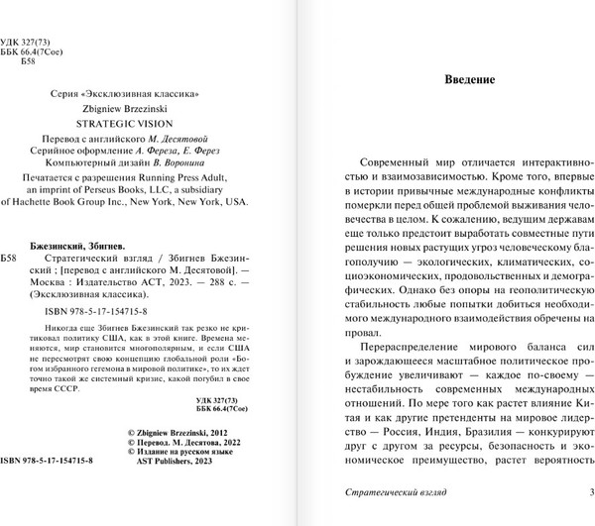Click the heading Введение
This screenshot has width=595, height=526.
(466, 80)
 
